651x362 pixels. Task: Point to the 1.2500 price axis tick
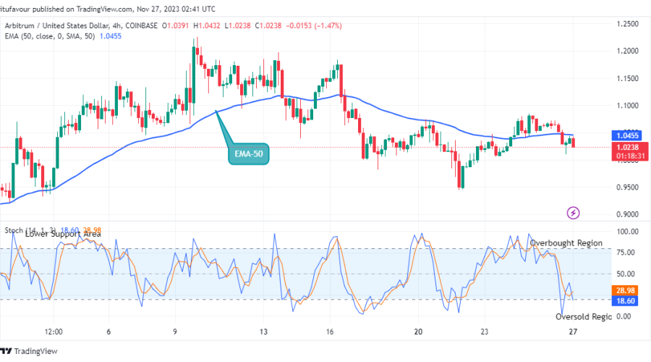628,24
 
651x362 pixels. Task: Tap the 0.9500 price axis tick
628,187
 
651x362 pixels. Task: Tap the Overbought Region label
566,243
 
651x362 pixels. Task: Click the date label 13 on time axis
264,332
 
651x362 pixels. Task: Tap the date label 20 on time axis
418,332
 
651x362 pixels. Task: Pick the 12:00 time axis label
54,332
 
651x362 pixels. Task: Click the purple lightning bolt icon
574,213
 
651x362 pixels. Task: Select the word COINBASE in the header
142,25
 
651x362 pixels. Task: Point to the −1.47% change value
327,25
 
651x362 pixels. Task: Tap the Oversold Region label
583,316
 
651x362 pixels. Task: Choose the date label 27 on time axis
571,332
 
